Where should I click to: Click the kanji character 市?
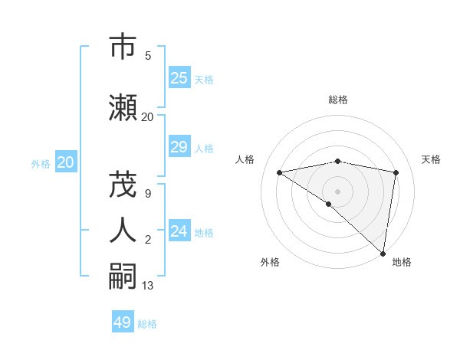point(123,47)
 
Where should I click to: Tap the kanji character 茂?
point(123,185)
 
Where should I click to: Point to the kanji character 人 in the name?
point(123,229)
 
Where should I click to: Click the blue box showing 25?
point(179,78)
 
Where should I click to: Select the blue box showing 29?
point(179,147)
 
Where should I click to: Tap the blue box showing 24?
point(179,231)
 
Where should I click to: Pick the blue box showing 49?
point(123,322)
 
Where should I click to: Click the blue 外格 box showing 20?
point(66,162)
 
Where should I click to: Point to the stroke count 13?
point(148,286)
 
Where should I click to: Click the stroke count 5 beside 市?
point(148,55)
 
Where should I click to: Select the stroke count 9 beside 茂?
point(148,193)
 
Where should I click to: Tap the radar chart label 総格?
point(338,100)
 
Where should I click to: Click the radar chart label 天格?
point(431,159)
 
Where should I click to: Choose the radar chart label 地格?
point(402,263)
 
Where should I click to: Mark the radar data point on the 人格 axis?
point(279,172)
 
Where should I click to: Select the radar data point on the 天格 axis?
point(396,172)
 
